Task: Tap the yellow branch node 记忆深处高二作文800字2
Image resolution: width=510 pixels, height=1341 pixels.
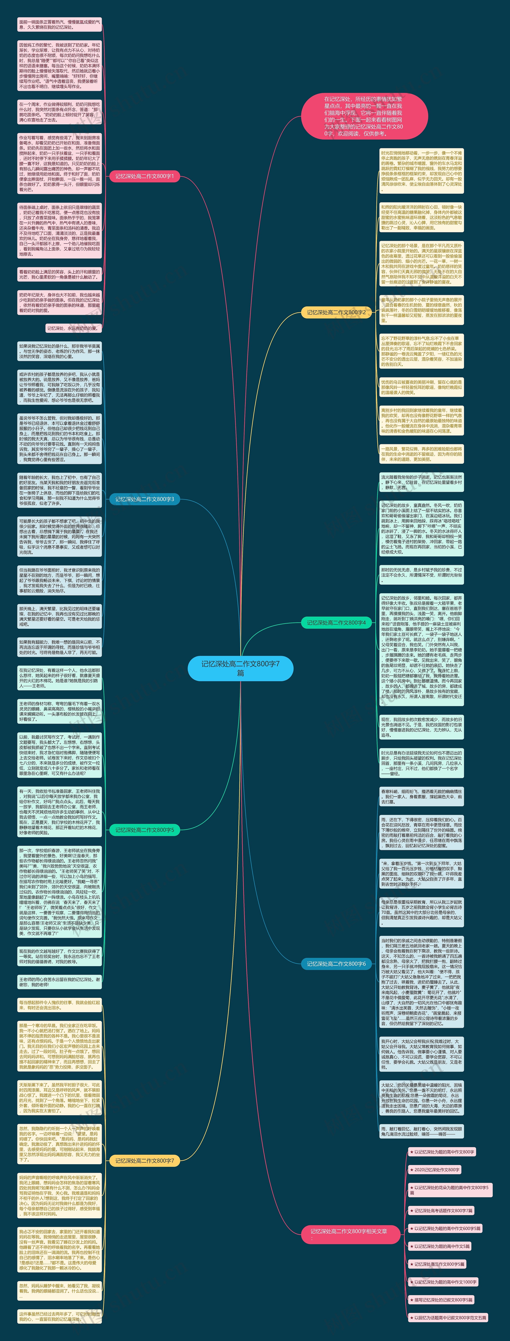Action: (336, 312)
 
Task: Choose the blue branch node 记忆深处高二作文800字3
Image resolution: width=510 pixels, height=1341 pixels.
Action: (145, 499)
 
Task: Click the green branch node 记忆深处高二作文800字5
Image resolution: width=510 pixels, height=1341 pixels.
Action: (145, 830)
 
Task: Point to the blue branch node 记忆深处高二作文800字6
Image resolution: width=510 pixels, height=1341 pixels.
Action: (336, 964)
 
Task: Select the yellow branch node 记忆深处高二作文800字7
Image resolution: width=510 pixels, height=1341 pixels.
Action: (145, 1160)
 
